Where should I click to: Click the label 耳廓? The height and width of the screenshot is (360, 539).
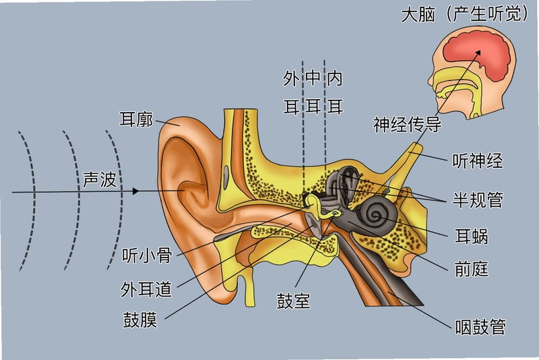point(136,119)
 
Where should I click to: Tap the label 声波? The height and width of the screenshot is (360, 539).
point(100,179)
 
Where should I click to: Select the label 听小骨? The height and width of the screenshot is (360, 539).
point(147,255)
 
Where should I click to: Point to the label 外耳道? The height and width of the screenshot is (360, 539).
point(146,289)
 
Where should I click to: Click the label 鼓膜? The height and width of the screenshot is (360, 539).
point(140,320)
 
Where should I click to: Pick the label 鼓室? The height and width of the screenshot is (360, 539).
point(294,301)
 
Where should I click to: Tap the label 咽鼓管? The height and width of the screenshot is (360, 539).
point(480,327)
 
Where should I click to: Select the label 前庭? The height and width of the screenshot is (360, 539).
point(471,269)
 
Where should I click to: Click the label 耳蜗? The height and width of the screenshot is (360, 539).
point(471,236)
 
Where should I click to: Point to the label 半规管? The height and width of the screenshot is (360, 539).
point(478,200)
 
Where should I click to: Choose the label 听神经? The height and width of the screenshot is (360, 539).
point(478,160)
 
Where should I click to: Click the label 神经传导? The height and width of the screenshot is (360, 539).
point(408,124)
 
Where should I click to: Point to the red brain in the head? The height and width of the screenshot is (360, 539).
point(477,55)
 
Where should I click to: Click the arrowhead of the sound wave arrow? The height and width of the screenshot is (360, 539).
point(136,191)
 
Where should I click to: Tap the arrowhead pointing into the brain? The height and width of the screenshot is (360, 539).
point(478,53)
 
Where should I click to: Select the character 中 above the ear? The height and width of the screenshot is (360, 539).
point(313,78)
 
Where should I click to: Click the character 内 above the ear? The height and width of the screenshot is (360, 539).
point(335,78)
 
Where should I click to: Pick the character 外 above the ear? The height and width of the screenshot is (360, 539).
point(291,78)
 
